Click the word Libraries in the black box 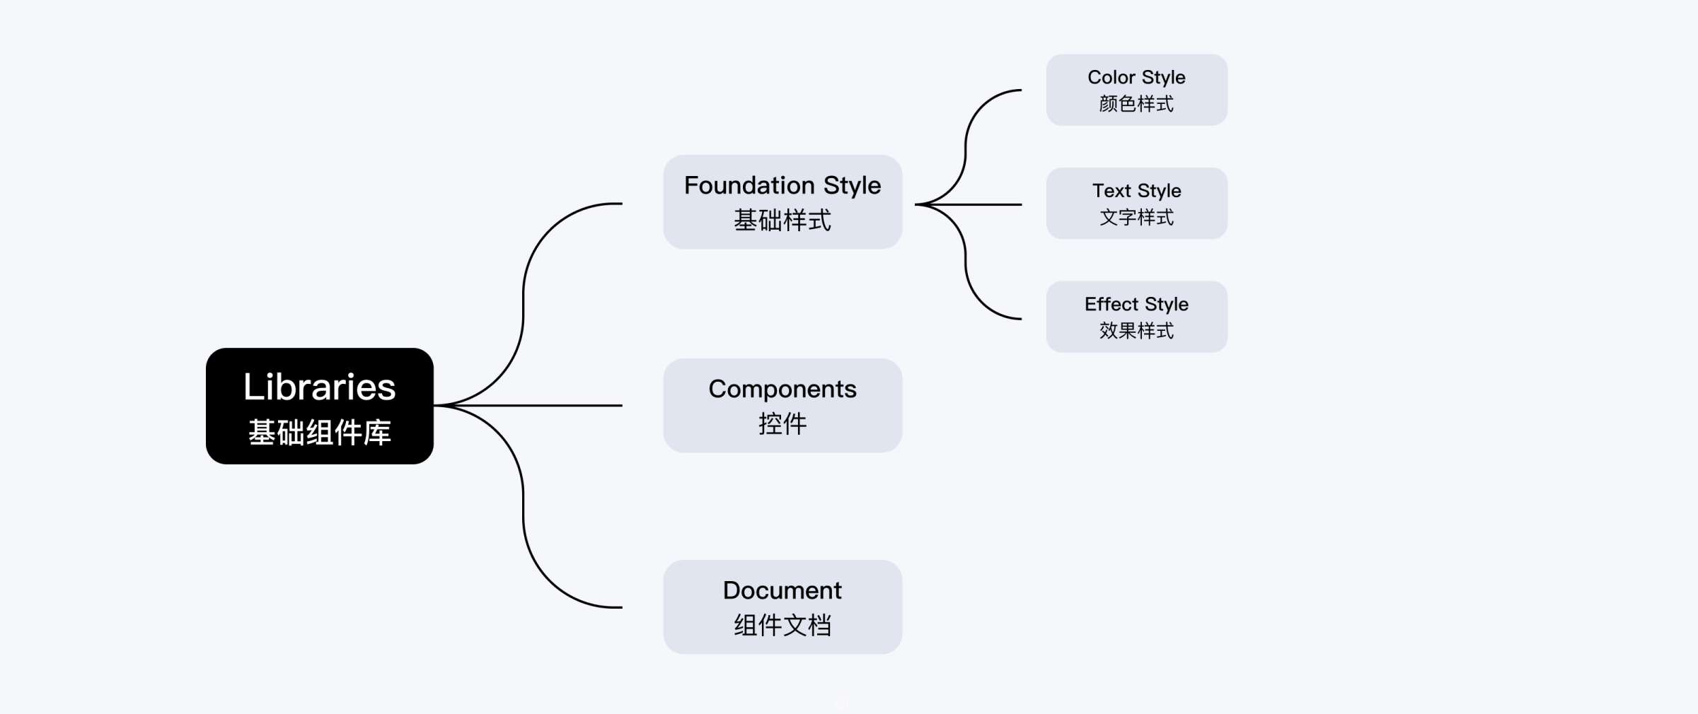tap(319, 387)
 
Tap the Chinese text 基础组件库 tap(319, 433)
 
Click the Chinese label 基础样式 tap(782, 221)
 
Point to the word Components tap(782, 389)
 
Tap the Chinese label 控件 tap(782, 424)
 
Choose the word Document tap(782, 590)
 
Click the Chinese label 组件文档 tap(782, 626)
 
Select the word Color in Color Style tap(1111, 77)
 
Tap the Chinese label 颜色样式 tap(1136, 104)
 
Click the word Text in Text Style tap(1112, 191)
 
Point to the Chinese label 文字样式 tap(1136, 217)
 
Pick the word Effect tap(1111, 304)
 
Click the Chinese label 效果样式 tap(1136, 331)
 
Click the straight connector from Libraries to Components tap(552, 405)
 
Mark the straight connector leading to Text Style tap(990, 204)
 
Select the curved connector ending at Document tap(524, 523)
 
